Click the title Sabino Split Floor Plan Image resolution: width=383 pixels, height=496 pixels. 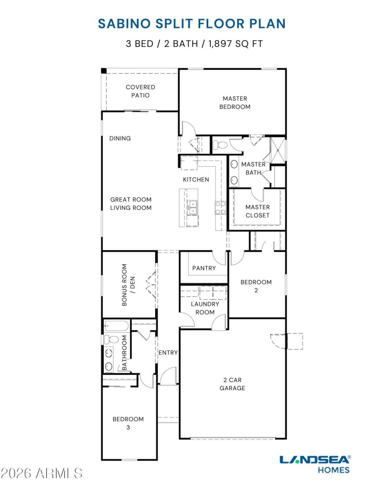191,23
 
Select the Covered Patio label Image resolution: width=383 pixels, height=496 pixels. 140,91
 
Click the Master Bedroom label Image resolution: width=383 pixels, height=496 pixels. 235,102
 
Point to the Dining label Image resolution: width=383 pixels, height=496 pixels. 120,138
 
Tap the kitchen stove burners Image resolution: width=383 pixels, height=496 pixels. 221,207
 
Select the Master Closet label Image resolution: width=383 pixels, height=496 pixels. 258,211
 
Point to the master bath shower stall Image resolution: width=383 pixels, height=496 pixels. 278,150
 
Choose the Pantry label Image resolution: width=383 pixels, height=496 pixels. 204,268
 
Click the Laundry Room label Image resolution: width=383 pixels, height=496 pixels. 205,308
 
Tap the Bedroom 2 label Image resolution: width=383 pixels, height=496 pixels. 256,286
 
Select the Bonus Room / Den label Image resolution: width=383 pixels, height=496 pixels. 128,284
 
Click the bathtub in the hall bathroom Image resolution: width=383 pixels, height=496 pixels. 116,327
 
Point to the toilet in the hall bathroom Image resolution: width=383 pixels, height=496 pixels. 112,339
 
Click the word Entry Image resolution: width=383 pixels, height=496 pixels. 168,352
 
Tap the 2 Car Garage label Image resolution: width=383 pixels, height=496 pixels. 232,384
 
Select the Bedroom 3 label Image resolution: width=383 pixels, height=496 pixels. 128,423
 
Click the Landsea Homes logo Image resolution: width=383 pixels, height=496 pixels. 315,463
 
